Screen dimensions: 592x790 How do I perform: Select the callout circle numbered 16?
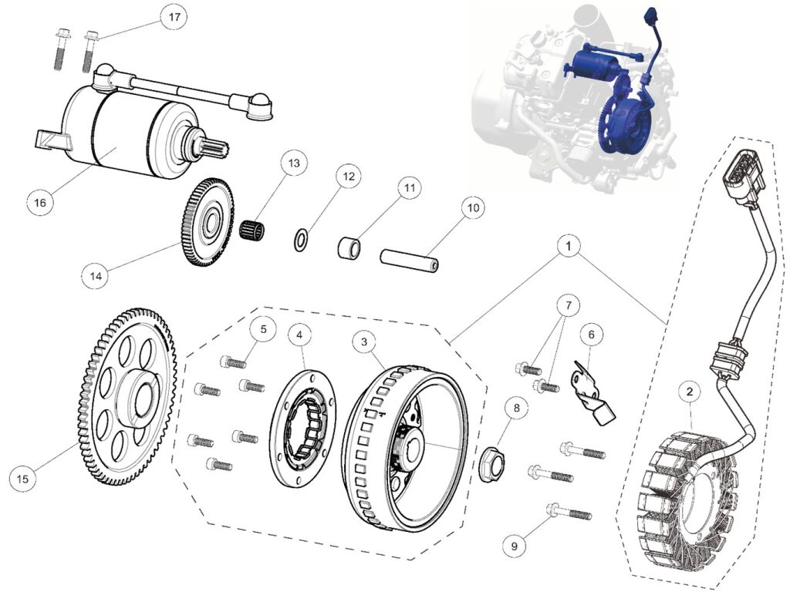click(x=40, y=203)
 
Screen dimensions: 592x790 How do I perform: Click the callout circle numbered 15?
click(x=23, y=479)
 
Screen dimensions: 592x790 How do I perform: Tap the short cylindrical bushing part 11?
click(x=348, y=249)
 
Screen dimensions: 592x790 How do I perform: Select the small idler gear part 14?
click(x=208, y=223)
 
